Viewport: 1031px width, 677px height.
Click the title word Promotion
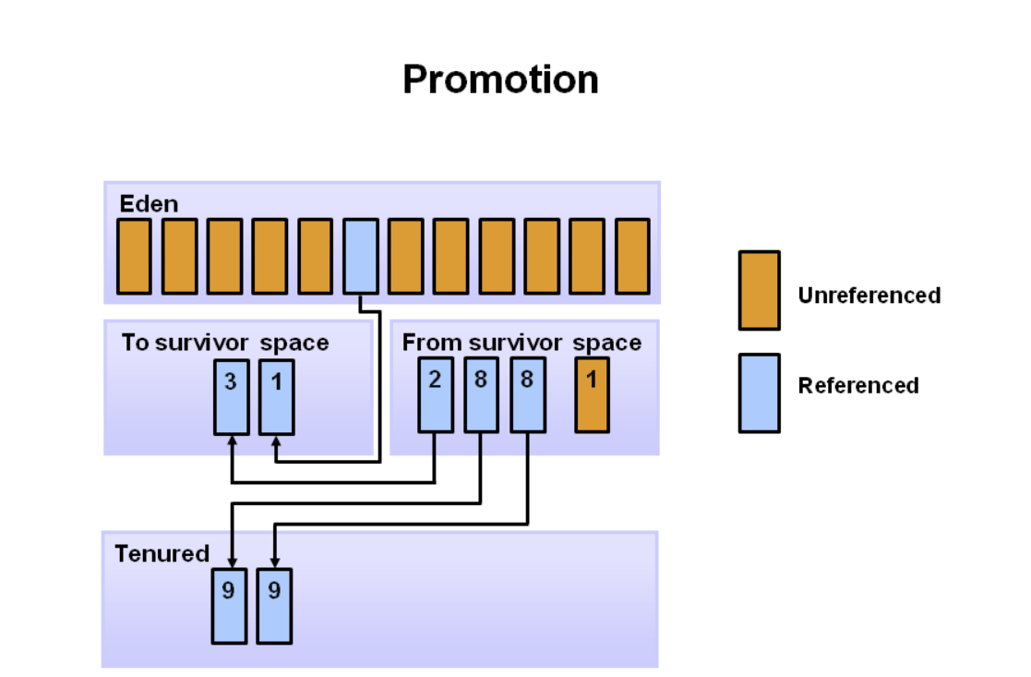point(500,80)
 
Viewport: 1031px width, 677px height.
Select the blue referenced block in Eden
point(361,256)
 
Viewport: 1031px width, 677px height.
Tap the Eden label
point(149,204)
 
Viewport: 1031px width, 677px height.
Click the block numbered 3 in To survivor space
point(232,397)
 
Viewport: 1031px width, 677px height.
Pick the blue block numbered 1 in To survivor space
point(277,397)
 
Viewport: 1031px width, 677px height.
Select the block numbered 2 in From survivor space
point(436,394)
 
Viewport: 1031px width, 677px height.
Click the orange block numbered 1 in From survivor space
point(592,394)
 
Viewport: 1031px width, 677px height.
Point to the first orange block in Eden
point(134,256)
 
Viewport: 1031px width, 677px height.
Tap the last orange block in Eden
point(632,256)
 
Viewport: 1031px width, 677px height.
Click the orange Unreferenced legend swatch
point(760,290)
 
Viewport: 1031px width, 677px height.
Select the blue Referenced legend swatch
point(760,393)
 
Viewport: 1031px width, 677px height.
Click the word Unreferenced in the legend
point(869,296)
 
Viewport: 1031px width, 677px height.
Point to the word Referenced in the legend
point(858,385)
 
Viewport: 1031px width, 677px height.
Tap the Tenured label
point(162,554)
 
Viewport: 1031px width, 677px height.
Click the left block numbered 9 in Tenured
point(230,606)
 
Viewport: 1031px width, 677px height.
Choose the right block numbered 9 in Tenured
point(275,606)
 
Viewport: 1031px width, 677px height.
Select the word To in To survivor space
point(136,343)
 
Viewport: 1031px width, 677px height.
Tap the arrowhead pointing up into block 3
point(232,441)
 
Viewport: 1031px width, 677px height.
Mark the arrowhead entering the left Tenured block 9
point(232,562)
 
